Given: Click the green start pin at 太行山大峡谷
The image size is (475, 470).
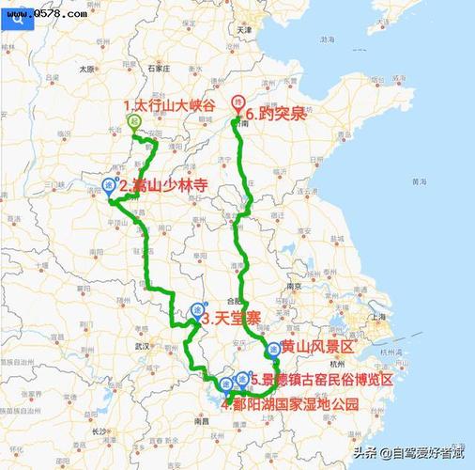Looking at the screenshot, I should (134, 121).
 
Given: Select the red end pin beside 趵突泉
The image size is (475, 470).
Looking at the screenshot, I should (238, 102).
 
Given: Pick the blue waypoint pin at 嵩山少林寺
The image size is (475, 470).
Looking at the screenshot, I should (110, 183).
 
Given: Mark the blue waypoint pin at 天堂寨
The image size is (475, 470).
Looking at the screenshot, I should (197, 310).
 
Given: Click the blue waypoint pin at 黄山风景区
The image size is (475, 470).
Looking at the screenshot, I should (273, 350).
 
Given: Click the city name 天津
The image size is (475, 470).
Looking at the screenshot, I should (246, 30).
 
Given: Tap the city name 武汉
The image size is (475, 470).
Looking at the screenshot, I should (142, 346).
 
